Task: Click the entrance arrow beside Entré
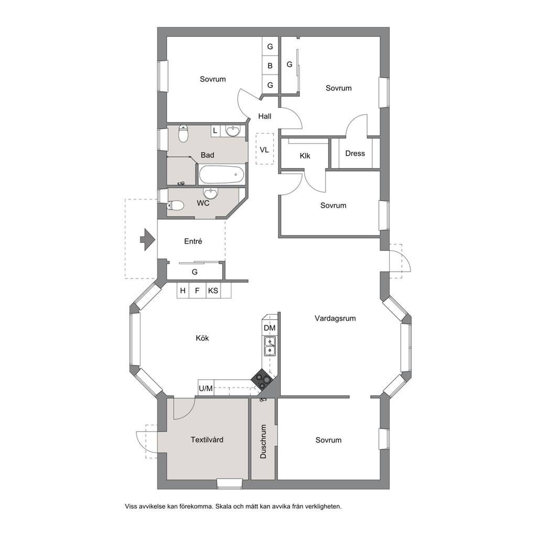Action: pyautogui.click(x=148, y=239)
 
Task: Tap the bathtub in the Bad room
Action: pyautogui.click(x=222, y=175)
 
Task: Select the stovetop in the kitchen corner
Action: pyautogui.click(x=262, y=380)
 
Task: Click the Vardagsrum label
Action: pyautogui.click(x=335, y=318)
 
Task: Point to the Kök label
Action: pyautogui.click(x=202, y=338)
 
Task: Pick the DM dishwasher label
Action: pyautogui.click(x=270, y=328)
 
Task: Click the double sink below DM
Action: pyautogui.click(x=270, y=347)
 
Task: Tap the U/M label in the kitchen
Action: pyautogui.click(x=206, y=389)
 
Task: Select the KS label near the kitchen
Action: pyautogui.click(x=213, y=291)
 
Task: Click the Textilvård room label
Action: pyautogui.click(x=207, y=439)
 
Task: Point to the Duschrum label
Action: pyautogui.click(x=263, y=442)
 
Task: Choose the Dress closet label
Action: pyautogui.click(x=355, y=154)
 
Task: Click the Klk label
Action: pyautogui.click(x=305, y=156)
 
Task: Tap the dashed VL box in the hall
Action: pyautogui.click(x=265, y=148)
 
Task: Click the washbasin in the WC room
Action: pyautogui.click(x=210, y=193)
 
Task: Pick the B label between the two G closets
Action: pyautogui.click(x=270, y=66)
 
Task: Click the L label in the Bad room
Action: pyautogui.click(x=214, y=131)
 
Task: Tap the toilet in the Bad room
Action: pyautogui.click(x=184, y=134)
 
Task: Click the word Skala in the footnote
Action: pyautogui.click(x=223, y=506)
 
